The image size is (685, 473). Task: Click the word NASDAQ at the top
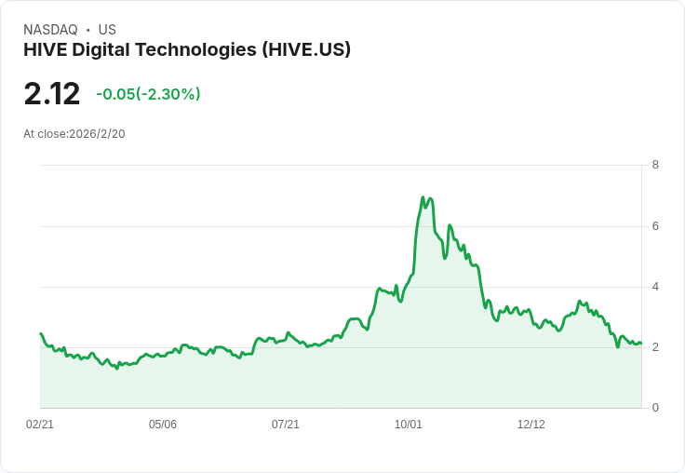[x=50, y=30]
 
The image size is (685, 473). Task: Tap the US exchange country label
[x=107, y=30]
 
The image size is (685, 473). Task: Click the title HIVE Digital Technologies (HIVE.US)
[x=187, y=50]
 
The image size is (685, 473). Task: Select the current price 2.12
[x=52, y=94]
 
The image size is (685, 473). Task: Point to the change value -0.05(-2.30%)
[x=148, y=94]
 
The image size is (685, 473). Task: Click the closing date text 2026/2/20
[x=97, y=134]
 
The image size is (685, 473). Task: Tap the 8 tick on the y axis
[x=655, y=166]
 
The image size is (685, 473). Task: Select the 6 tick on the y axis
[x=655, y=226]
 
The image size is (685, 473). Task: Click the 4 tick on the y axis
[x=655, y=287]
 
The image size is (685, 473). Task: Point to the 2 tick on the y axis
[x=655, y=347]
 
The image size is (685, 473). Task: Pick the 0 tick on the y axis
[x=655, y=408]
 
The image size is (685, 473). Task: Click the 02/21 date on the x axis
[x=40, y=425]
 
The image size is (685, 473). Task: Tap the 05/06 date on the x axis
[x=163, y=425]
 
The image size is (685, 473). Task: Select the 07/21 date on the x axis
[x=286, y=425]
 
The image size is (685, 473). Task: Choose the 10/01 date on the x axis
[x=409, y=425]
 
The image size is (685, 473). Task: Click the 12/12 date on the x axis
[x=531, y=425]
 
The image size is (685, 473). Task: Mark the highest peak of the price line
[x=423, y=197]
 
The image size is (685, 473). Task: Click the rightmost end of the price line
[x=641, y=344]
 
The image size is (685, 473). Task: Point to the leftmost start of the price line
[x=41, y=333]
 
